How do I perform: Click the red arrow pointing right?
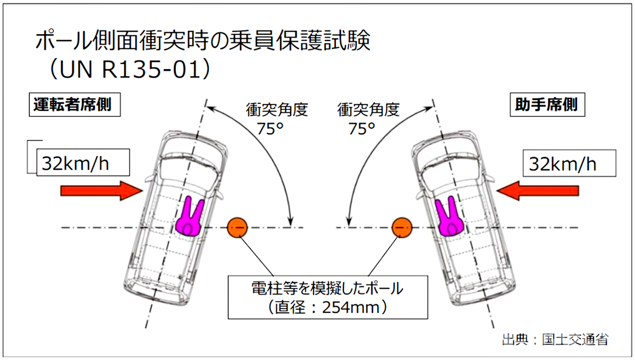tap(102, 191)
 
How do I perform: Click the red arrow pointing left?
tap(538, 191)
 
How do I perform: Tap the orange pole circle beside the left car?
tap(238, 227)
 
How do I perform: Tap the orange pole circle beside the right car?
tap(402, 227)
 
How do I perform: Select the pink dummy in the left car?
tap(189, 217)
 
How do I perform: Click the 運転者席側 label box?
tap(75, 105)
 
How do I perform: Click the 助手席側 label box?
tap(547, 105)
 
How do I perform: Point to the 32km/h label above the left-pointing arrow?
tap(570, 163)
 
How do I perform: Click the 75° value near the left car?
tap(270, 129)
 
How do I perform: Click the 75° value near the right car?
tap(362, 129)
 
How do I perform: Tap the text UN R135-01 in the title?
tap(131, 69)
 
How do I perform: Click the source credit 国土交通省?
tap(575, 340)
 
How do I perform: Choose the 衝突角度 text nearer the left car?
tap(277, 110)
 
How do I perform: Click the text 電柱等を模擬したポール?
tap(327, 289)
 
